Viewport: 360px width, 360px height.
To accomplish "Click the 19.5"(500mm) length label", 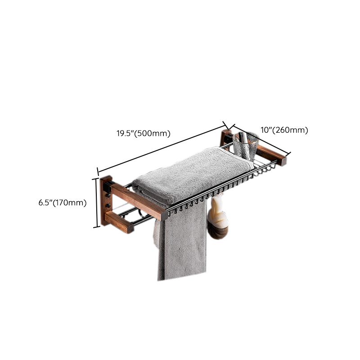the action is (144, 133).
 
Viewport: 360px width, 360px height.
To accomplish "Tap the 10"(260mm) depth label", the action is (284, 130).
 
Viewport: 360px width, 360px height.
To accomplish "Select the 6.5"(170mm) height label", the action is (63, 203).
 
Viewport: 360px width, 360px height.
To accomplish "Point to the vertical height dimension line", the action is (96, 203).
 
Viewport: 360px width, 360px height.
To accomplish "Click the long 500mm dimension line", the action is (162, 148).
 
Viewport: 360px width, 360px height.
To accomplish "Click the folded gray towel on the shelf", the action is (193, 175).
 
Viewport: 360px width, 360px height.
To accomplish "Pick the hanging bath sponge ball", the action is (218, 220).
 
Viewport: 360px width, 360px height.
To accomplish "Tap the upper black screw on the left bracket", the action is (107, 195).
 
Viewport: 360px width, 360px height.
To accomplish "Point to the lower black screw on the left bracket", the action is (108, 205).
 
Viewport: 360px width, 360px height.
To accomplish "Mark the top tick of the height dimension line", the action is (96, 179).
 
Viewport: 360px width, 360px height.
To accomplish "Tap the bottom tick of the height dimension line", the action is (96, 227).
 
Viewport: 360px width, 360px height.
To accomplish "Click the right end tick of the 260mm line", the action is (289, 154).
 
